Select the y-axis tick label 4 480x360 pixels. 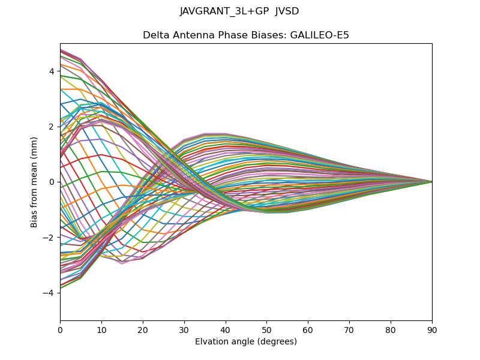(x=52, y=71)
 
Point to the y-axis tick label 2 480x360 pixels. (x=52, y=127)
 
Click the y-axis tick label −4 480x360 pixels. (x=49, y=293)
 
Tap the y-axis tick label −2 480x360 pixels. (x=49, y=238)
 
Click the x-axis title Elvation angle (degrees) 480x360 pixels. (x=246, y=341)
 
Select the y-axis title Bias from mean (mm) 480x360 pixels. (x=35, y=182)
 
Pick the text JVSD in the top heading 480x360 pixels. (x=287, y=11)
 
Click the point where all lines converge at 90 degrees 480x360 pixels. (x=432, y=182)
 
